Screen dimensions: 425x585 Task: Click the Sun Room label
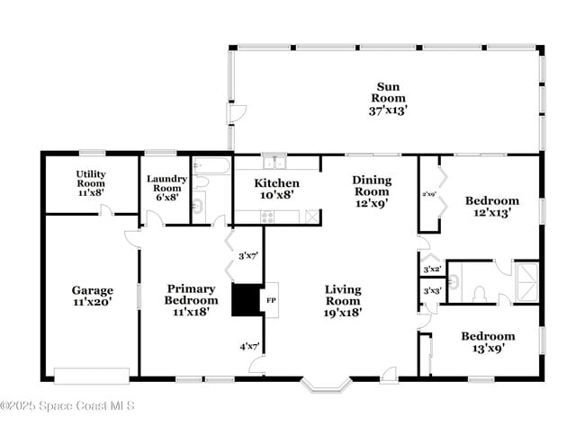click(x=388, y=98)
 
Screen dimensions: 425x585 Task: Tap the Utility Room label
click(x=90, y=182)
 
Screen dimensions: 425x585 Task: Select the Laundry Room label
click(x=166, y=187)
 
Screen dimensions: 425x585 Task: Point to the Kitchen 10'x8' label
click(x=276, y=189)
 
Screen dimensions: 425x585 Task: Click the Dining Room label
click(x=371, y=191)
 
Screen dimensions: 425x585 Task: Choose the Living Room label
click(x=343, y=301)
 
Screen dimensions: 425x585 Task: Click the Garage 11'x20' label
click(x=93, y=297)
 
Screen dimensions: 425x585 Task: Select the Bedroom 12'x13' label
click(x=491, y=207)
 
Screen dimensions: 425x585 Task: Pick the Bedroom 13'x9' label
click(x=488, y=342)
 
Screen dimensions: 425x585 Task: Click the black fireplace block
click(x=244, y=300)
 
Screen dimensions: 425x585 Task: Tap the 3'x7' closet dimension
click(x=248, y=256)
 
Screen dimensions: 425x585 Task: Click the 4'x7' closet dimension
click(x=248, y=346)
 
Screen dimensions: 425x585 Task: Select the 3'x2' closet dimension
click(x=432, y=269)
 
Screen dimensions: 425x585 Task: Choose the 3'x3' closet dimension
click(x=432, y=291)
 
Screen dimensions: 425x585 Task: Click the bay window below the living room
click(x=327, y=385)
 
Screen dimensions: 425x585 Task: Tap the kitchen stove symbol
click(x=267, y=216)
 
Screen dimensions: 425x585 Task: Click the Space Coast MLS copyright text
click(x=67, y=406)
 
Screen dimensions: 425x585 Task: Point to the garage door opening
click(x=92, y=375)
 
